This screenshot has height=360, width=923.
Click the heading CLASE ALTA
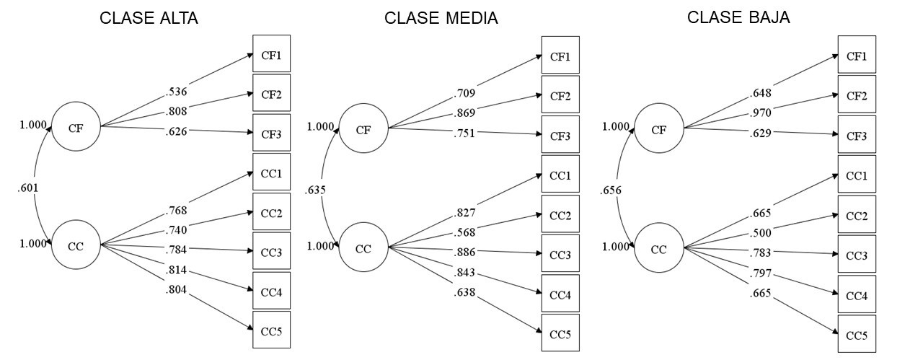pos(149,19)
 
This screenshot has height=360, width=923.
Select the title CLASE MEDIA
pos(441,19)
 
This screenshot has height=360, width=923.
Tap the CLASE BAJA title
pos(738,18)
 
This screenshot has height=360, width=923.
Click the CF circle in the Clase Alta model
pos(76,128)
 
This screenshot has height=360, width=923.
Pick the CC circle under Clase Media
pos(363,248)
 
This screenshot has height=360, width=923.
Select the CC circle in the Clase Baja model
pos(659,249)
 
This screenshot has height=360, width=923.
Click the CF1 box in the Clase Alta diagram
pos(271,54)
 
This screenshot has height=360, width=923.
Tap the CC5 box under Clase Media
pos(560,335)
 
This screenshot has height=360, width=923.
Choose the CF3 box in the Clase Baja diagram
pos(856,136)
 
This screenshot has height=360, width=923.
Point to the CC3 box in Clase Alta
pos(271,251)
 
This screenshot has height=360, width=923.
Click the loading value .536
pos(177,92)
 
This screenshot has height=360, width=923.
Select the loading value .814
pos(177,271)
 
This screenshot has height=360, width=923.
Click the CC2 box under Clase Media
pos(560,216)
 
